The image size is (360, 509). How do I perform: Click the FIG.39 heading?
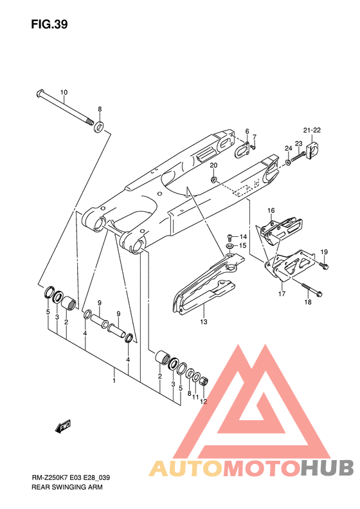coord(50,24)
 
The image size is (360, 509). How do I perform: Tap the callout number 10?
coord(64,92)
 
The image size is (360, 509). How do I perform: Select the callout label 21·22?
coord(312,130)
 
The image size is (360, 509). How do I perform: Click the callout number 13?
coord(204,322)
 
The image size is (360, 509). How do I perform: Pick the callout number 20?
coord(213,165)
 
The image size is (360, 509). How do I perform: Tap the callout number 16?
coord(271,210)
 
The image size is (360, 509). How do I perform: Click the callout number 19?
coord(324,252)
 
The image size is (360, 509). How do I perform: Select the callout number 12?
coord(203,402)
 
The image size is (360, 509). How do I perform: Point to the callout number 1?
coord(114,380)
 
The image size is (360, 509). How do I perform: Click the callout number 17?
coord(282,294)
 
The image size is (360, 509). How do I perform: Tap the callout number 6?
coord(247,131)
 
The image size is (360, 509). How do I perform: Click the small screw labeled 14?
coord(230,236)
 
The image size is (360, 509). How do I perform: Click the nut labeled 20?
coord(214,179)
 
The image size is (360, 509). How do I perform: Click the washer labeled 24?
coord(288,162)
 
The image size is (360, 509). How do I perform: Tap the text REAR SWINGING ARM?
coord(67,487)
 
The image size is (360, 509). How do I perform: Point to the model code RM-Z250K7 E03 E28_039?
coord(71,477)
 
